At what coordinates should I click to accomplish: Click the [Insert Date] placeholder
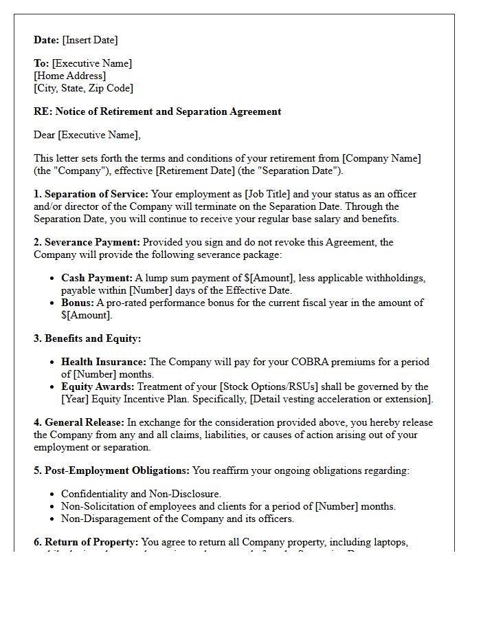(90, 40)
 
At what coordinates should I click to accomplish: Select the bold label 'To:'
(41, 63)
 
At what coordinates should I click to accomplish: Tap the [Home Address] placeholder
(69, 76)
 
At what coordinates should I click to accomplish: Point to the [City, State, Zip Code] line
(83, 88)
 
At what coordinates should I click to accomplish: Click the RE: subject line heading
(157, 111)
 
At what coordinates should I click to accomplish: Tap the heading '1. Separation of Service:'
(91, 194)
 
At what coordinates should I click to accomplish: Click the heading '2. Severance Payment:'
(87, 242)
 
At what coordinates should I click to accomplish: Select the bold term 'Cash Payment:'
(96, 278)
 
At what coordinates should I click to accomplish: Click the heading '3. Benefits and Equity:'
(87, 338)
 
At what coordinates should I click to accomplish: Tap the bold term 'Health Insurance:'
(103, 362)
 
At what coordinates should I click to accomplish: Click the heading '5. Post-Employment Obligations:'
(111, 470)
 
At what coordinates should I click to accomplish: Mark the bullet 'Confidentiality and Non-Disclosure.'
(141, 494)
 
